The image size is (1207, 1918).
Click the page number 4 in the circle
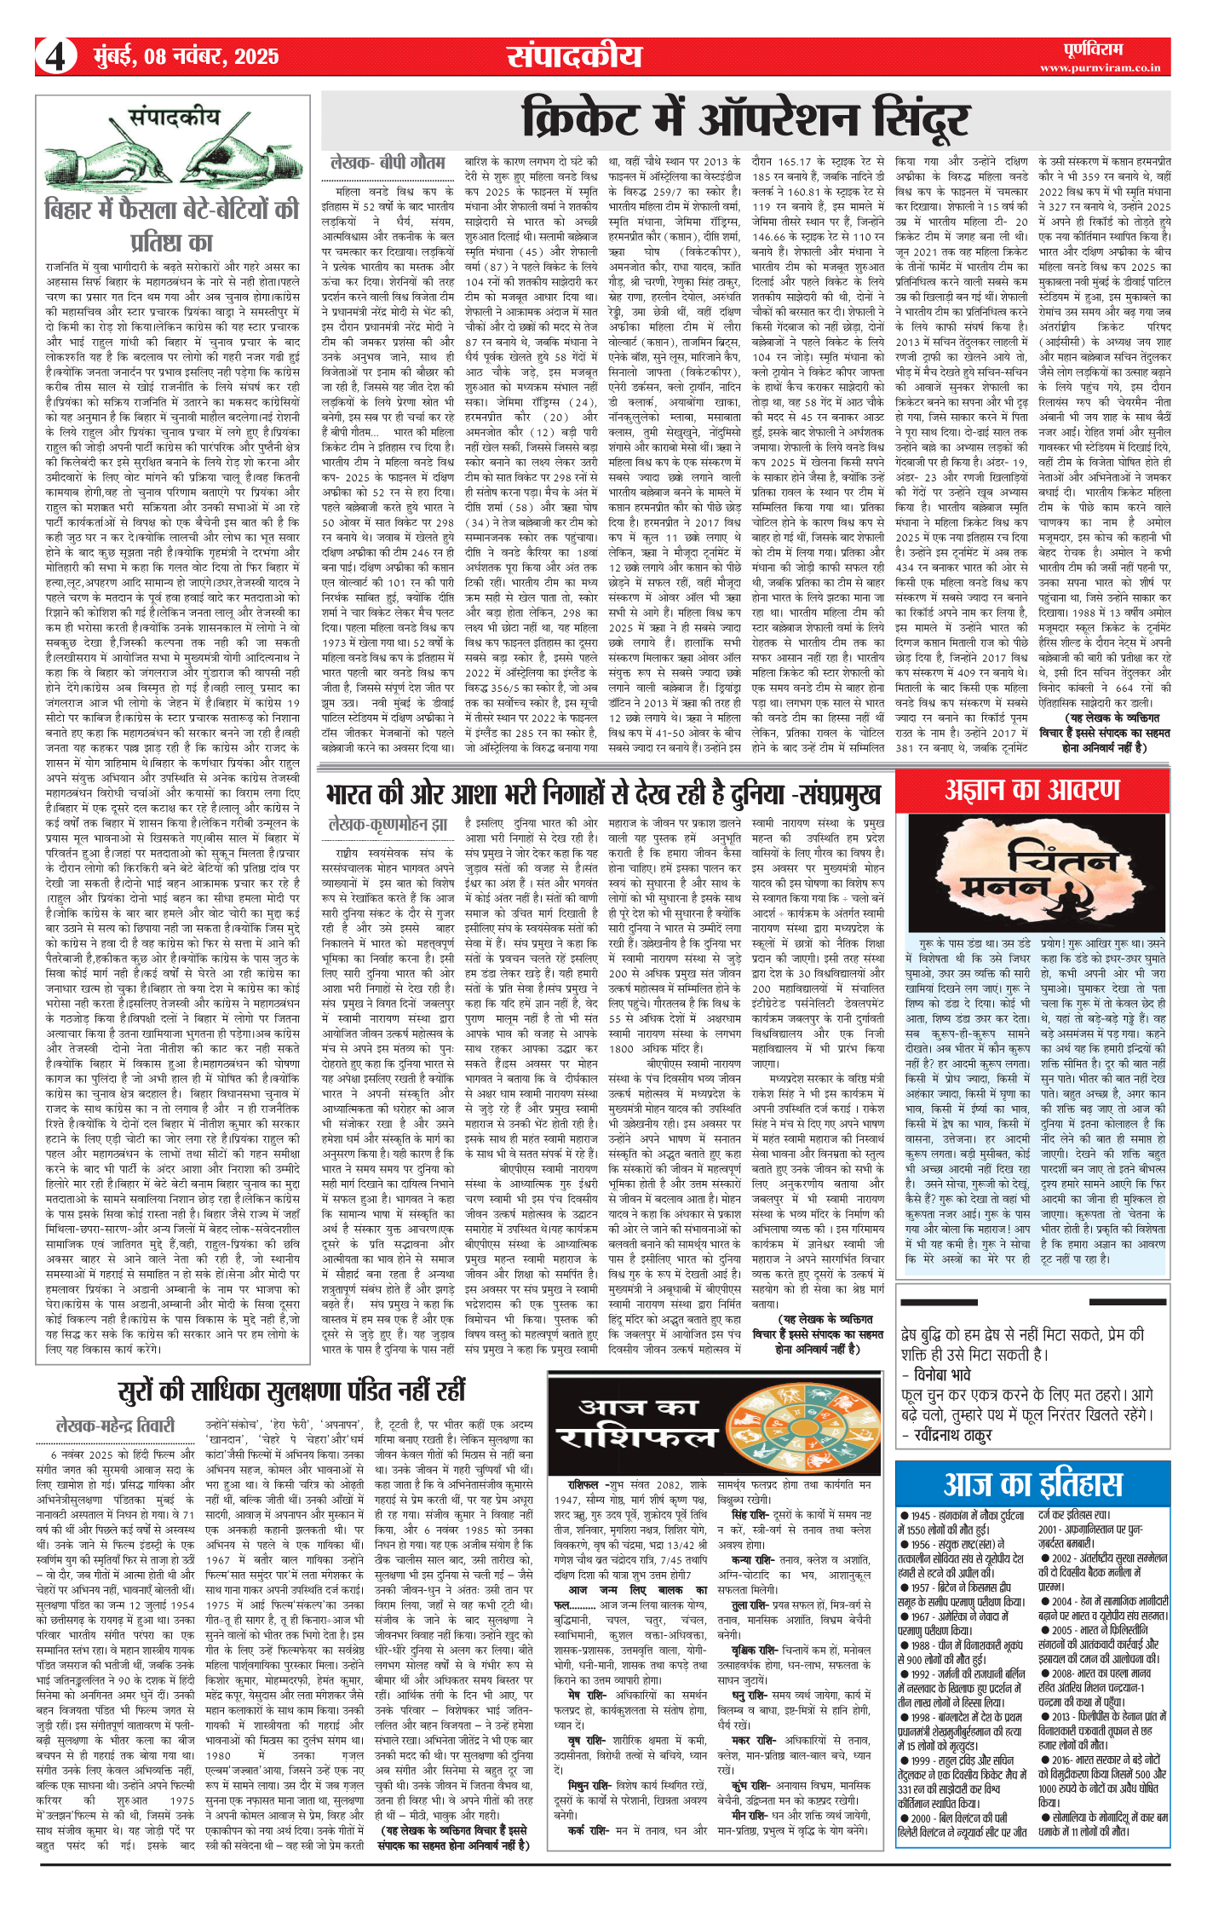coord(55,57)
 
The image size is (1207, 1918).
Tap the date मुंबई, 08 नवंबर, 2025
coord(185,57)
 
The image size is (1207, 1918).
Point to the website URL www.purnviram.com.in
coord(1100,67)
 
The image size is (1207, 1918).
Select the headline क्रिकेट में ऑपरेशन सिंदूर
coord(745,119)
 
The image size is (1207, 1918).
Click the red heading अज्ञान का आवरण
coord(1032,791)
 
